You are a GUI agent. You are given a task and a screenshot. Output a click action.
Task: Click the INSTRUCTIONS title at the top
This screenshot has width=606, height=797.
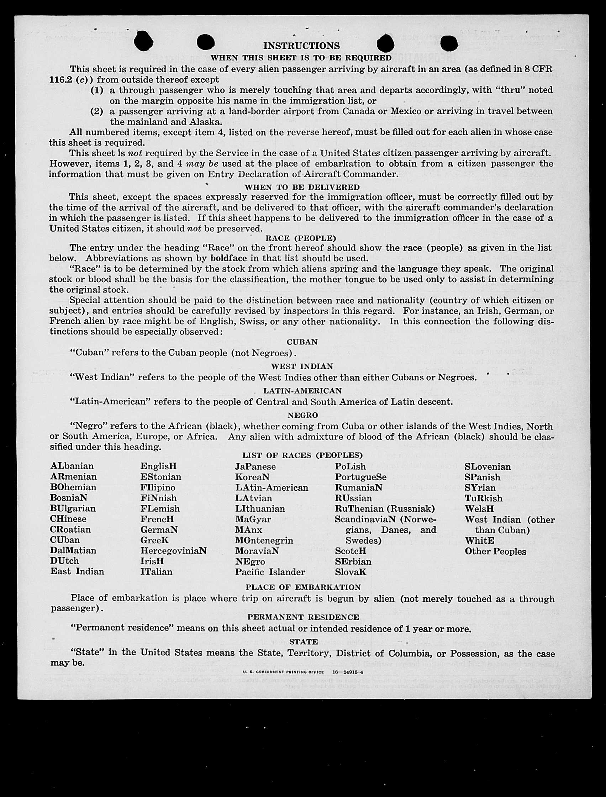click(301, 46)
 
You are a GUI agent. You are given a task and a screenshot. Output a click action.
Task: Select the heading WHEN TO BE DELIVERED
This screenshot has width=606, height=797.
click(302, 187)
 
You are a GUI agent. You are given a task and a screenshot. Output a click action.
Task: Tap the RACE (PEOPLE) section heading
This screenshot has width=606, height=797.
click(300, 238)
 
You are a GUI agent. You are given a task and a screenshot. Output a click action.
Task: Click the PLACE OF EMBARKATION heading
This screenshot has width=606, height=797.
click(303, 587)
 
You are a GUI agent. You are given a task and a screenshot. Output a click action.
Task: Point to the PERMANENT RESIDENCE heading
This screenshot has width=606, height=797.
click(303, 617)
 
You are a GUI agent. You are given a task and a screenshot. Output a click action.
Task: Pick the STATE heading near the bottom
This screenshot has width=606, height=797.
click(304, 642)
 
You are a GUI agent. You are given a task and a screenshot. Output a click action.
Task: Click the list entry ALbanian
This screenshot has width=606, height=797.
click(72, 466)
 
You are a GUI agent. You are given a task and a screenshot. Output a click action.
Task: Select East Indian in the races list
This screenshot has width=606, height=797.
click(77, 571)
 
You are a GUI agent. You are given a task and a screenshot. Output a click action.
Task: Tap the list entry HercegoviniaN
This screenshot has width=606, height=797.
click(173, 551)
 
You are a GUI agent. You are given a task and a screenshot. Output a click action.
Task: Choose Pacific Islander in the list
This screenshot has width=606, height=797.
click(270, 572)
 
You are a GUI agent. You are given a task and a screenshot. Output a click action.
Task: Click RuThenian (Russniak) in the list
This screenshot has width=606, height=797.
click(385, 508)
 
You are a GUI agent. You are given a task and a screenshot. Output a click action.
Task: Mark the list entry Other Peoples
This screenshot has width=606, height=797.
click(495, 551)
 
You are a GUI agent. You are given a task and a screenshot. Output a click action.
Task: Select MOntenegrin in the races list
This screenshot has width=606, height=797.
click(264, 540)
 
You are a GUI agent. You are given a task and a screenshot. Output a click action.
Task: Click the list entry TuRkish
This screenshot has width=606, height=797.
click(483, 498)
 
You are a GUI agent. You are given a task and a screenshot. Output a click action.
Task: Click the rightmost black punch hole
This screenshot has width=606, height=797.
click(449, 43)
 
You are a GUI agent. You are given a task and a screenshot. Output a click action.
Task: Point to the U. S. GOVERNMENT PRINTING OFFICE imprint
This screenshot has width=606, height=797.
click(285, 672)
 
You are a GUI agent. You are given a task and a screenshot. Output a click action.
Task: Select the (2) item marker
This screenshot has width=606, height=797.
click(96, 111)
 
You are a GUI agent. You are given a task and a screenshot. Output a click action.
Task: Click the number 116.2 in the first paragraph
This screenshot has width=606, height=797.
click(60, 79)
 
